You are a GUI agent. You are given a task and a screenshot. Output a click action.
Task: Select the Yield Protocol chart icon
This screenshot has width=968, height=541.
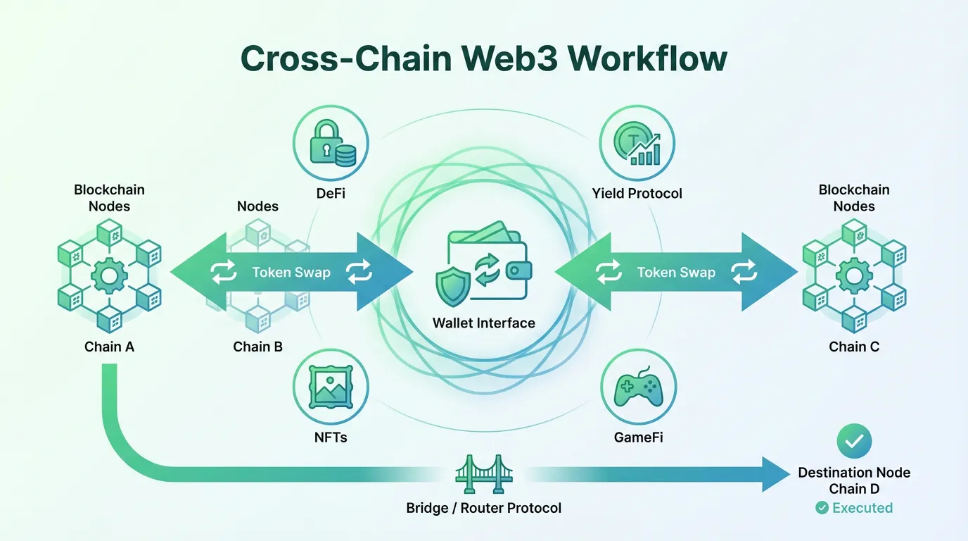coord(637,144)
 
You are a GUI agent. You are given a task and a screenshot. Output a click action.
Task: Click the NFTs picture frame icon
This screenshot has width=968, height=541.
coord(331,388)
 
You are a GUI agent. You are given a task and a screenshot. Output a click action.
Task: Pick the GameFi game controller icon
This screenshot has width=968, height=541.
coord(637,388)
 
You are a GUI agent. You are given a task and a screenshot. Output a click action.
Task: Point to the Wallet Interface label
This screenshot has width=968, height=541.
coord(484,323)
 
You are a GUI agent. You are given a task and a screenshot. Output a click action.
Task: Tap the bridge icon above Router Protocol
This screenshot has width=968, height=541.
coord(484,473)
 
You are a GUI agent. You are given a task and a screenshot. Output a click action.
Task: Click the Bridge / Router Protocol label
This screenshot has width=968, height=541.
coord(484,508)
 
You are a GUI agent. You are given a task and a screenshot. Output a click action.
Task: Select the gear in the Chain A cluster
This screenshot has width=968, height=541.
coord(108,275)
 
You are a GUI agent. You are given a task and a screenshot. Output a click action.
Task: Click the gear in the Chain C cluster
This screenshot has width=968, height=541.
coord(853,275)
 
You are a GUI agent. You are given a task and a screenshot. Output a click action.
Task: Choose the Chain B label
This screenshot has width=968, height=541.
coord(257,347)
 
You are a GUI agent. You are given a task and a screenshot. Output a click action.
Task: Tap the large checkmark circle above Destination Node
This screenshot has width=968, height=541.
coord(854,442)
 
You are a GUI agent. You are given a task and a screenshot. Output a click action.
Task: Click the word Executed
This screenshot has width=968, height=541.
coord(862,508)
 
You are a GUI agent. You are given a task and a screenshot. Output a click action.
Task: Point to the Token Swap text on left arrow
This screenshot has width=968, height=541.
coord(291,273)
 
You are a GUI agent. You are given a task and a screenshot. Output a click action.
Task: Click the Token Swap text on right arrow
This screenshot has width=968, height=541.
coord(676,273)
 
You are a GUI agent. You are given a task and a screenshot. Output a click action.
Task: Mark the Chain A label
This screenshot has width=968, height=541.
coord(109,347)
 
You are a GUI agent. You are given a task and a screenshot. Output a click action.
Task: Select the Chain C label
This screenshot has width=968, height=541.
coord(854,347)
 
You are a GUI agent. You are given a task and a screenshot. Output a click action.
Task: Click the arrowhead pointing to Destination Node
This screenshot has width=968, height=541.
coord(776,473)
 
